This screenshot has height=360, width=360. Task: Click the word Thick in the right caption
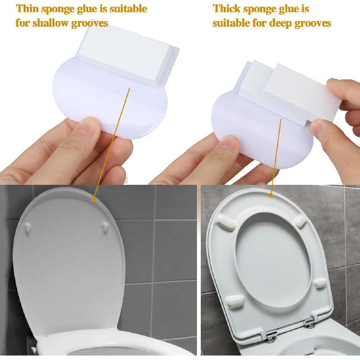(226, 9)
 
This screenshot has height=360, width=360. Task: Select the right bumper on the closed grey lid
(104, 225)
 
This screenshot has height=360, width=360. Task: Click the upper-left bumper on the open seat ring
(226, 219)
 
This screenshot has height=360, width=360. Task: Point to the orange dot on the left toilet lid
(95, 198)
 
